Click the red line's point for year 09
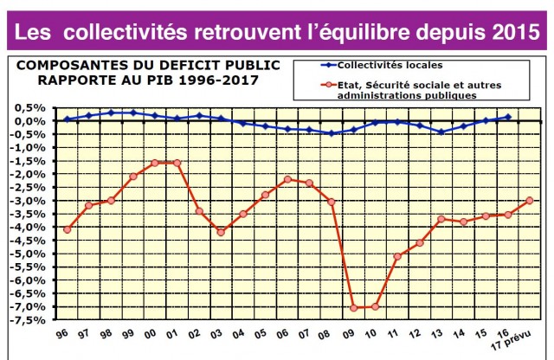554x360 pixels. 353,307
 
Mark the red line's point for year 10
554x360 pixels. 375,306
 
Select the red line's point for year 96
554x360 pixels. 68,229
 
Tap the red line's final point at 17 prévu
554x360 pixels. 529,200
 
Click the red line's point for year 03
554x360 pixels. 221,232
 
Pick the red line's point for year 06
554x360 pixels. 287,179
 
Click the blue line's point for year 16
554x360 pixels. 507,117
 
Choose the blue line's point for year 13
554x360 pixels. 441,132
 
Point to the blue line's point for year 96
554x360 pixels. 68,119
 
